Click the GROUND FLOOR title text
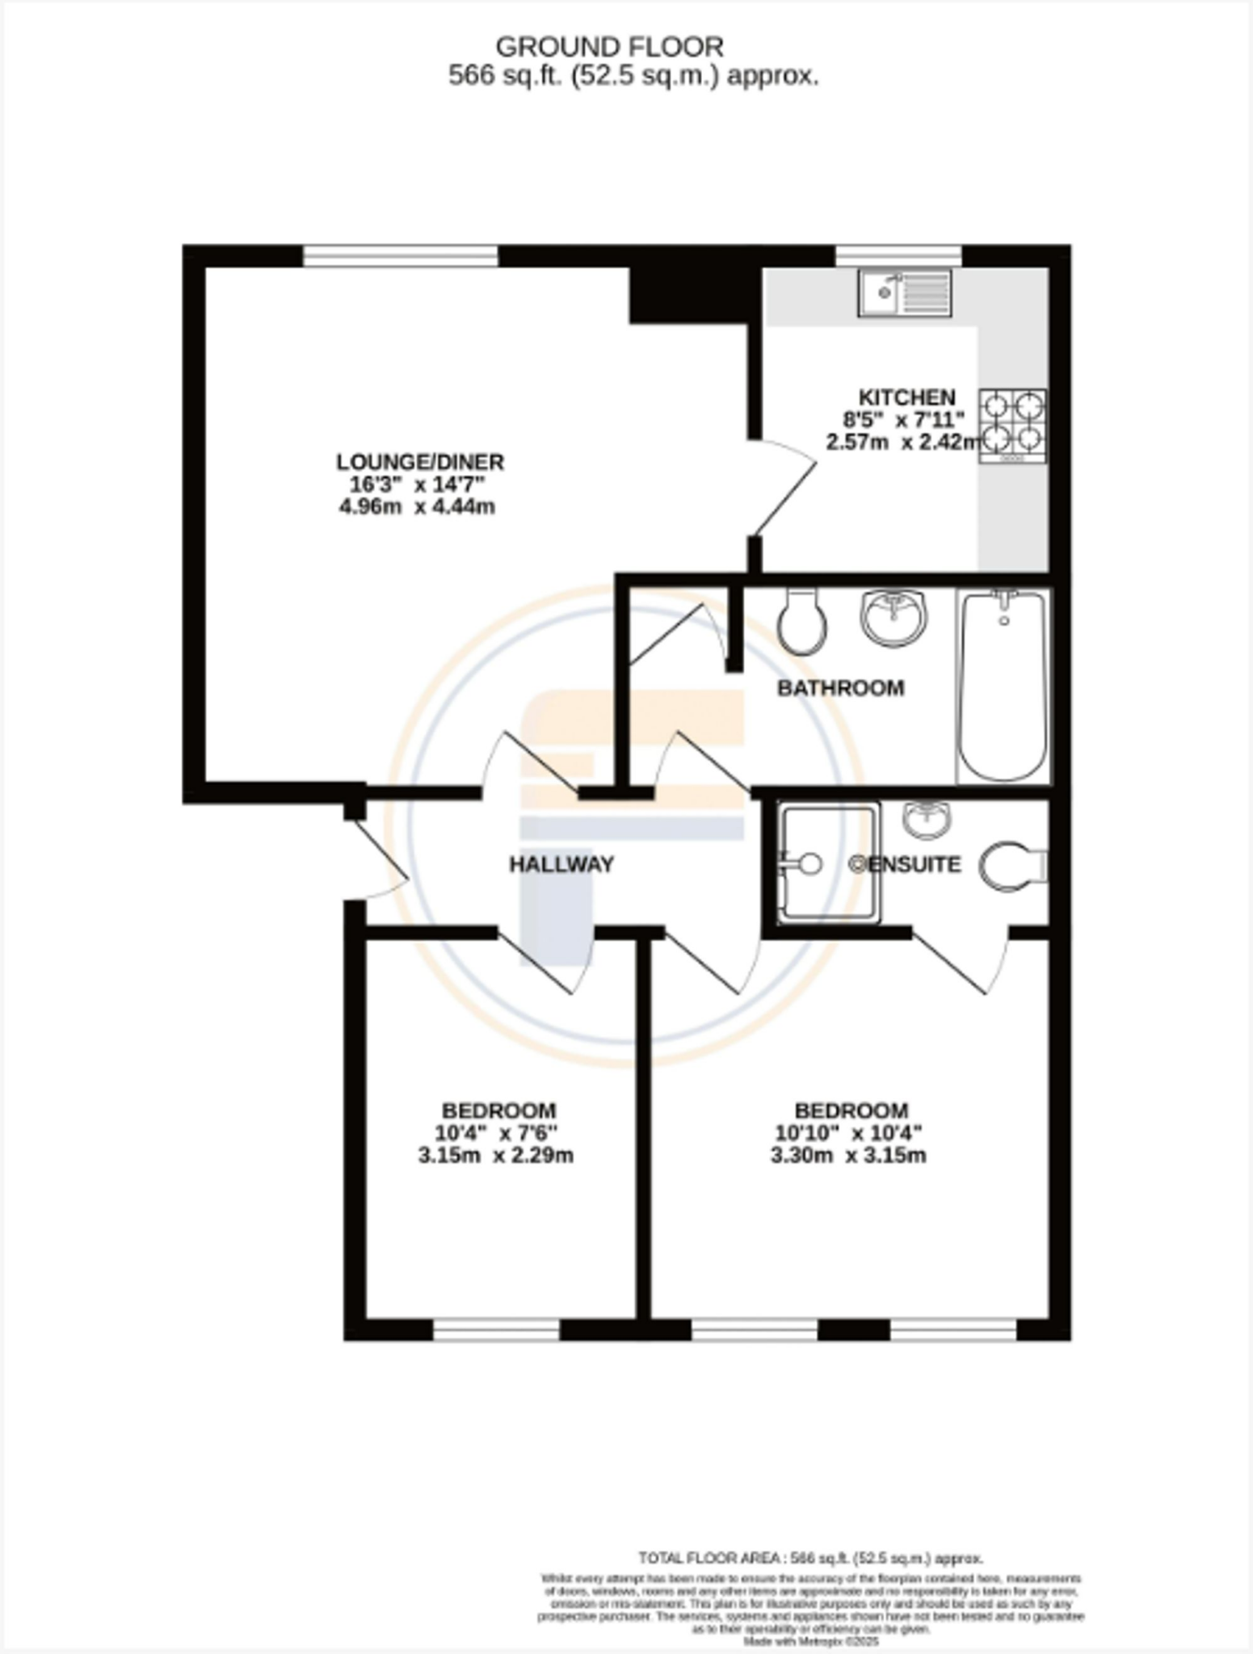pyautogui.click(x=609, y=48)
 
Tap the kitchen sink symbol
pyautogui.click(x=905, y=292)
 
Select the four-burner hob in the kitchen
pyautogui.click(x=1013, y=426)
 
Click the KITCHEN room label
pyautogui.click(x=906, y=397)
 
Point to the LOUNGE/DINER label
pyautogui.click(x=420, y=462)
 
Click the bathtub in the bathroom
pyautogui.click(x=1003, y=686)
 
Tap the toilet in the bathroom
pyautogui.click(x=801, y=620)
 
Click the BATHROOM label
pyautogui.click(x=840, y=688)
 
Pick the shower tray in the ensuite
pyautogui.click(x=827, y=863)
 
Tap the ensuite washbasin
pyautogui.click(x=927, y=820)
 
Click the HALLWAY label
pyautogui.click(x=561, y=864)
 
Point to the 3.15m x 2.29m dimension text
pyautogui.click(x=496, y=1156)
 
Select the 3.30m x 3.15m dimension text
pyautogui.click(x=848, y=1156)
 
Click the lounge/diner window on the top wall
pyautogui.click(x=401, y=256)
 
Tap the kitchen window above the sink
pyautogui.click(x=898, y=256)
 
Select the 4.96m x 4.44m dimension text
pyautogui.click(x=417, y=507)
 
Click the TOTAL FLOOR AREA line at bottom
pyautogui.click(x=810, y=1559)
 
